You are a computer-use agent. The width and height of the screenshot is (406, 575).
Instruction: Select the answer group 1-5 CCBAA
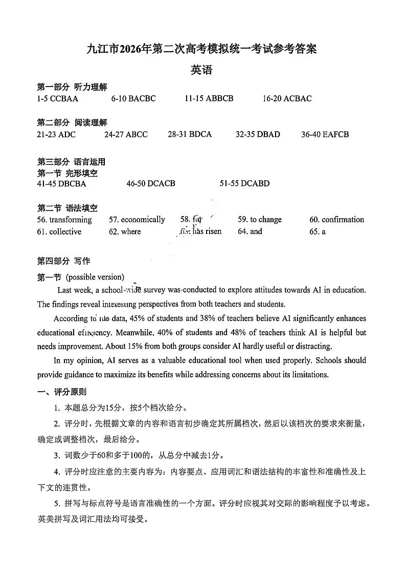[57, 98]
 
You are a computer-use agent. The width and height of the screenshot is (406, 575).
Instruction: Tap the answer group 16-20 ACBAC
[287, 98]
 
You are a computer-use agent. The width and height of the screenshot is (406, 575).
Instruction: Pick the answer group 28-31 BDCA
[189, 134]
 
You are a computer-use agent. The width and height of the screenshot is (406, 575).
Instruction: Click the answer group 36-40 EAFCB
[325, 134]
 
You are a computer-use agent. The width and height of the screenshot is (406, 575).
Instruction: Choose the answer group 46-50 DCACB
[151, 183]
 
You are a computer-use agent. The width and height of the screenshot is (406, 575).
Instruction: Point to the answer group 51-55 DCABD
[244, 183]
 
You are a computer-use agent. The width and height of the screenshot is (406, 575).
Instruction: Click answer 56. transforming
[64, 220]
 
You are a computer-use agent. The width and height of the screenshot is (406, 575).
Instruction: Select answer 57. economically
[137, 220]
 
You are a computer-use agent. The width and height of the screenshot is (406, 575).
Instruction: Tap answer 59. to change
[260, 220]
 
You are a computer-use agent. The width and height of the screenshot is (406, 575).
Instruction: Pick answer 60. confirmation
[336, 220]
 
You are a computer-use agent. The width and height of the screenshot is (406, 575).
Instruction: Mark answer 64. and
[250, 231]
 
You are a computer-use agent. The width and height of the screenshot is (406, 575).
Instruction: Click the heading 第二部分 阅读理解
[72, 122]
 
